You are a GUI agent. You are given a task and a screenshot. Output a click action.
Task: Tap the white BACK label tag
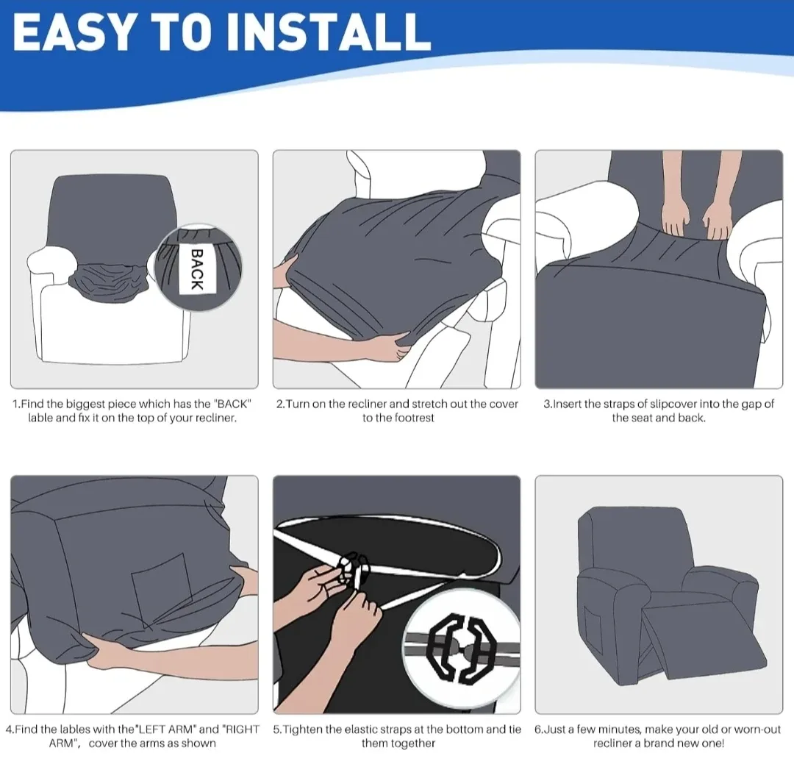click(x=197, y=269)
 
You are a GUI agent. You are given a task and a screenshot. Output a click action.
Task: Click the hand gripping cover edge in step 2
click(x=390, y=343)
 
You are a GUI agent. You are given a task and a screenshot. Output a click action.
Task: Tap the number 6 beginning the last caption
click(x=538, y=729)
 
